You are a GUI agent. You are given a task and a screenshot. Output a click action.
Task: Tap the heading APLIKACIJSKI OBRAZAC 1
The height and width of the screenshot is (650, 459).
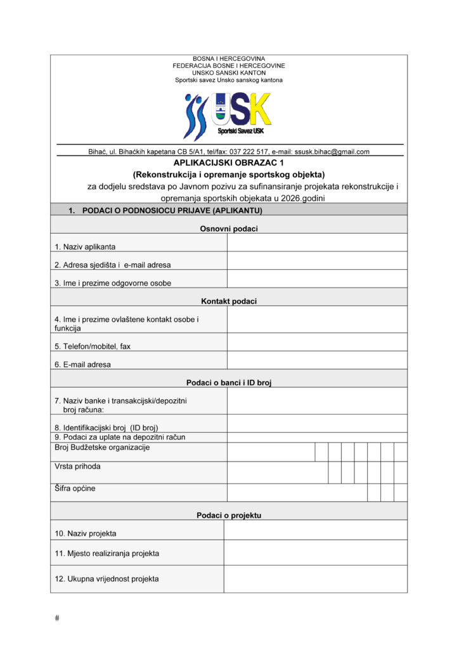pyautogui.click(x=229, y=162)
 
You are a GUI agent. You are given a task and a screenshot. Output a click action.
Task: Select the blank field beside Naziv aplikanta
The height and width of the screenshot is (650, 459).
pyautogui.click(x=317, y=242)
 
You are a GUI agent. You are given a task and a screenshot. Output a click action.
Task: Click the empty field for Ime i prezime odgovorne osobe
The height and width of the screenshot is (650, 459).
pyautogui.click(x=317, y=279)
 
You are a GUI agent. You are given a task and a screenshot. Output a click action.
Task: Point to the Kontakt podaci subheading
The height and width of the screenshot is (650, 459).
pyautogui.click(x=229, y=302)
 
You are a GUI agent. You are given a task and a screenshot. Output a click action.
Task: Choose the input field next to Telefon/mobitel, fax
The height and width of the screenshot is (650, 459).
pyautogui.click(x=317, y=342)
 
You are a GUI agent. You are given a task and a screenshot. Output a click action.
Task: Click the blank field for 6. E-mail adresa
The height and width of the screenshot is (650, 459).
pyautogui.click(x=317, y=361)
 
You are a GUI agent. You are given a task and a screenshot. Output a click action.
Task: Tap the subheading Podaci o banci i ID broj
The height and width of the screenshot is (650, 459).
pyautogui.click(x=229, y=383)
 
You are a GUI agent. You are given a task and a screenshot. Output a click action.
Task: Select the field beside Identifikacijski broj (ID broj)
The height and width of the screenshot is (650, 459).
pyautogui.click(x=317, y=423)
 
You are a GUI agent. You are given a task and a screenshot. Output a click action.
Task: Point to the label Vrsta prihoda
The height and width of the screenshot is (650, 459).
pyautogui.click(x=77, y=467)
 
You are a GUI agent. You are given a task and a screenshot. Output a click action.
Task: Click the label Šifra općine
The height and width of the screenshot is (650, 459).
pyautogui.click(x=75, y=489)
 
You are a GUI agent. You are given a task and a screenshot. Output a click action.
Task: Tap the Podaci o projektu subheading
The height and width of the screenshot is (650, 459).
pyautogui.click(x=229, y=515)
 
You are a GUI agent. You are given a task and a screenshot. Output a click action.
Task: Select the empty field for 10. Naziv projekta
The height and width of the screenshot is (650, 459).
pyautogui.click(x=315, y=530)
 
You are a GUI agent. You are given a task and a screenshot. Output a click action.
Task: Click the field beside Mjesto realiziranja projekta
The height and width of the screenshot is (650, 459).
pyautogui.click(x=315, y=552)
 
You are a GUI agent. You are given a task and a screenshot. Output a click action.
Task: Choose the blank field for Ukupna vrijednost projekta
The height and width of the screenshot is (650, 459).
pyautogui.click(x=315, y=578)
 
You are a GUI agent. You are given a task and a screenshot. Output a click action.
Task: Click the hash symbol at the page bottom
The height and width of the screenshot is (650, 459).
pyautogui.click(x=57, y=618)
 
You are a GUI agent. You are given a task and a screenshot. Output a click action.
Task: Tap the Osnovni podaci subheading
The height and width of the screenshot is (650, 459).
pyautogui.click(x=229, y=229)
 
